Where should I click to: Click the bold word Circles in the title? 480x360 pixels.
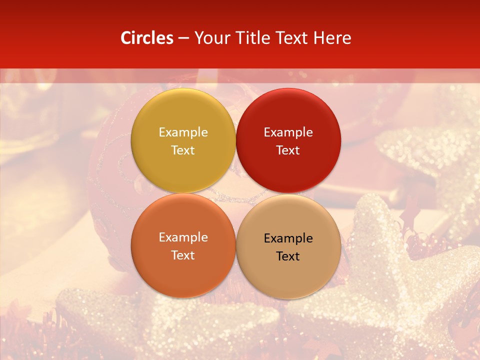point(147,38)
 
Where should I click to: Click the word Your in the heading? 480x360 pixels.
point(209,38)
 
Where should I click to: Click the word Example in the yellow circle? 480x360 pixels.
point(183,132)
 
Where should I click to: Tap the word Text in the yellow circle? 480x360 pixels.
point(183,150)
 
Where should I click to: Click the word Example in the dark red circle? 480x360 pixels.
point(288,132)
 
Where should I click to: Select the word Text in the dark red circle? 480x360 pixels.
point(288,150)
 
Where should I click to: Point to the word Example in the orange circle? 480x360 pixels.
point(183,237)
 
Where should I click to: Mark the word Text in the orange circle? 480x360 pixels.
point(183,255)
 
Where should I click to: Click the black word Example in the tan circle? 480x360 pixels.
point(288,238)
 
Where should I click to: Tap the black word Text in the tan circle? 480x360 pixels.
point(288,256)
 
